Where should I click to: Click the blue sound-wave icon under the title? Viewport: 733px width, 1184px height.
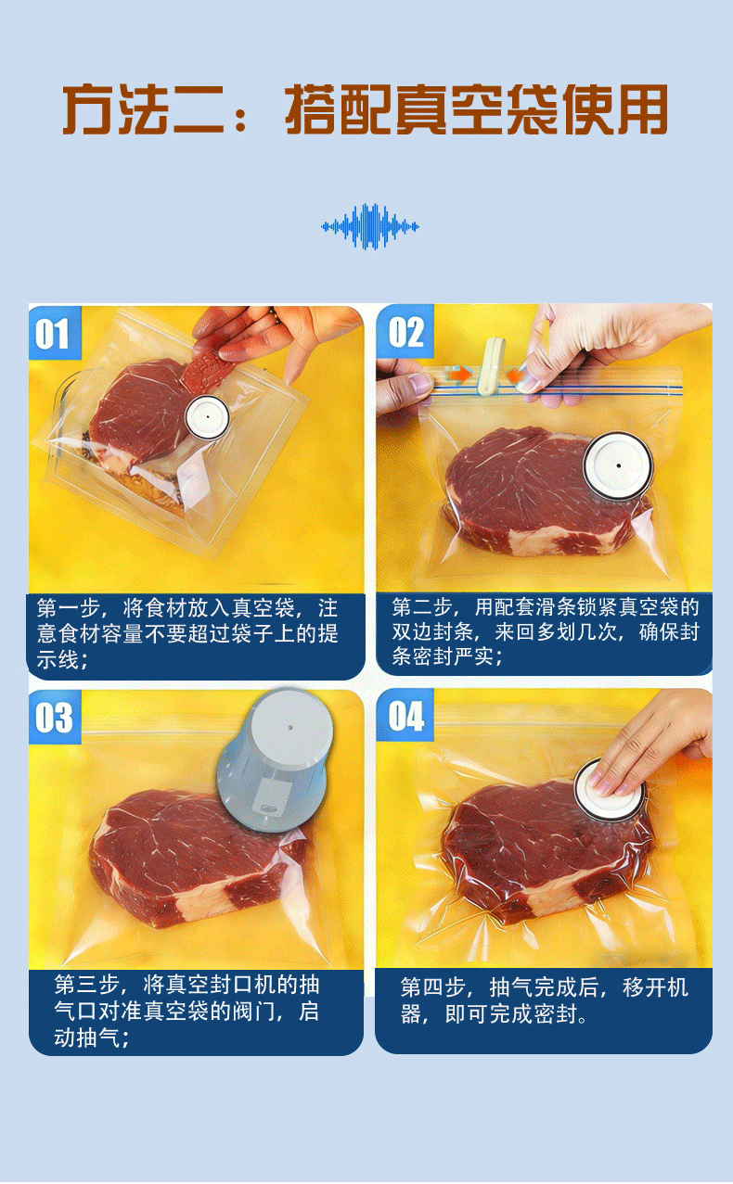tap(369, 226)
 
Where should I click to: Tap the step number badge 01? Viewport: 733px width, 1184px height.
tap(55, 333)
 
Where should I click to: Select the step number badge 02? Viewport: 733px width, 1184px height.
tap(405, 331)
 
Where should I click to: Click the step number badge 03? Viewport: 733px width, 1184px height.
tap(55, 718)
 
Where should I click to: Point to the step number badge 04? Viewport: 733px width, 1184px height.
tap(405, 715)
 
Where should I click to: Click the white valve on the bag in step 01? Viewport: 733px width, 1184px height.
tap(207, 417)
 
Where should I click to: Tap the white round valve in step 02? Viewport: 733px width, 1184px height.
tap(618, 465)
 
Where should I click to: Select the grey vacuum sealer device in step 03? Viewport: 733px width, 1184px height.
tap(275, 760)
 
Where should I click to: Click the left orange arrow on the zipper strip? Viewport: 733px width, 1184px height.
tap(460, 375)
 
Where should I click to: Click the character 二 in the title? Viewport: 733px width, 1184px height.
tap(199, 110)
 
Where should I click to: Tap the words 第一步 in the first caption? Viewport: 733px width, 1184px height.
tap(69, 608)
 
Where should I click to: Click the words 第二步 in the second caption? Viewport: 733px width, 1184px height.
tap(422, 607)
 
